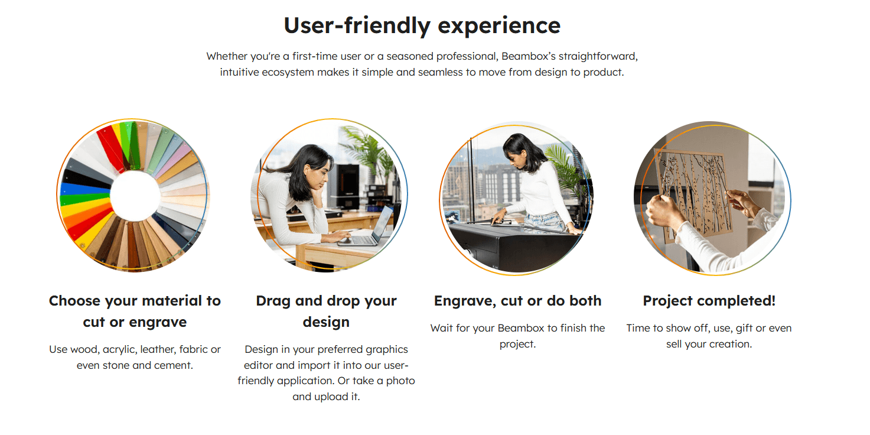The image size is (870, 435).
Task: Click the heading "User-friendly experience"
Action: (x=422, y=25)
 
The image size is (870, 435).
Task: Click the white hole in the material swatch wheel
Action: (x=135, y=196)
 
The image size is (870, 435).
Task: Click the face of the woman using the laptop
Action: (x=322, y=174)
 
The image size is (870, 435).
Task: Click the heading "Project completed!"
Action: (x=709, y=301)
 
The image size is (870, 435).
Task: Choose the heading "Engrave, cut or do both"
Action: (x=518, y=301)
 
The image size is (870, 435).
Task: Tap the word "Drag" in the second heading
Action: (x=273, y=301)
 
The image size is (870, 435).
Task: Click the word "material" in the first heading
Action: (x=172, y=301)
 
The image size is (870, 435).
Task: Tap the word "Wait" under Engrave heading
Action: (x=442, y=328)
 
